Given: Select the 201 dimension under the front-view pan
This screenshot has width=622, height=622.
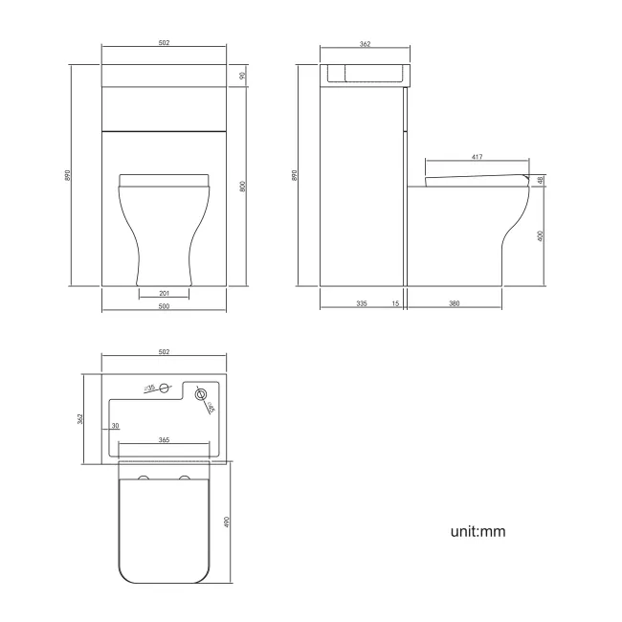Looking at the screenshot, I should point(164,293).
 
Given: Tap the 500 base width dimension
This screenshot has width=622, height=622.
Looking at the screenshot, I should point(164,306).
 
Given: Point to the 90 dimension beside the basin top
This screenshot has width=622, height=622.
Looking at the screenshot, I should point(243,76).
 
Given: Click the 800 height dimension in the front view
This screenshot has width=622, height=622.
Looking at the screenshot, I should point(243,188).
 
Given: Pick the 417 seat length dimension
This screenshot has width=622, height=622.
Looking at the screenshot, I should point(477,157).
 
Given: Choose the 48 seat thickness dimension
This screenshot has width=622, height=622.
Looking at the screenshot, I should point(542,180).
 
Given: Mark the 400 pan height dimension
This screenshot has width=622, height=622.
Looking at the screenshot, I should point(542,234).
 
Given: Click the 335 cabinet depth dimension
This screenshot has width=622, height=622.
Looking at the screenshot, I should point(361,303).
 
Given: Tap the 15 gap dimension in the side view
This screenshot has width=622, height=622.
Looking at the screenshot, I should point(395,303).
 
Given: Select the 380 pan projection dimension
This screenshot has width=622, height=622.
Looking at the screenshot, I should point(455,303).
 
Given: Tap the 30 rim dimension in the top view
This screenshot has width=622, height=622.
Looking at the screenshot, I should point(115,425).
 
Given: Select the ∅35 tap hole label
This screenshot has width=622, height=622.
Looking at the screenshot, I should point(150,389).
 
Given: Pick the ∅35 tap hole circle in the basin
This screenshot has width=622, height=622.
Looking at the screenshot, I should point(165,388).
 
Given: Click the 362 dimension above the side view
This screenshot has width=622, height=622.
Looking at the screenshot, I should point(366,44).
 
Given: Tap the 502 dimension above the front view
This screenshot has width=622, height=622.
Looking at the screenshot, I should point(164,44).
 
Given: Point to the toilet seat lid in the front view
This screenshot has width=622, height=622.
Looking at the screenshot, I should point(164,179).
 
